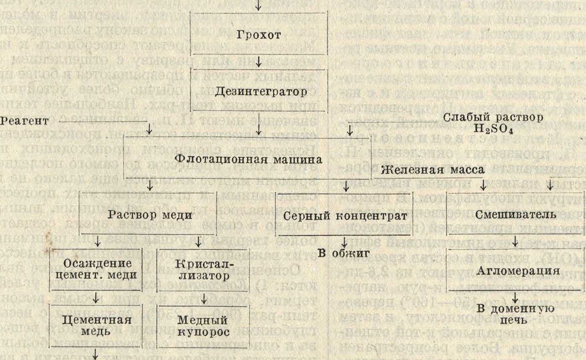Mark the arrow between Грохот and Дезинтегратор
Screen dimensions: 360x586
point(259,64)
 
